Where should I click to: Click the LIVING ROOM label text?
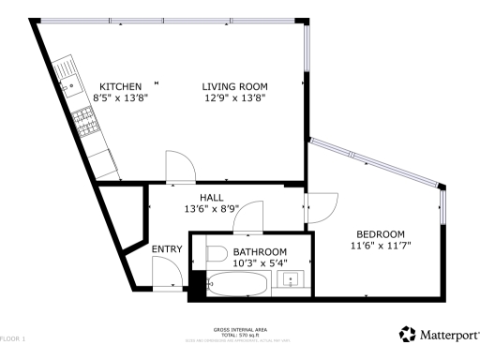click(233, 86)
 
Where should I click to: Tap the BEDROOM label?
click(380, 233)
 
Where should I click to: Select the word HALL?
click(211, 197)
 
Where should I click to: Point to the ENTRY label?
click(167, 248)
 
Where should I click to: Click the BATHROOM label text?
click(260, 252)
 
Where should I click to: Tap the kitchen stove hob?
click(85, 120)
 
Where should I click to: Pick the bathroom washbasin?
click(292, 279)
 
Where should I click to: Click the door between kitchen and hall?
click(179, 167)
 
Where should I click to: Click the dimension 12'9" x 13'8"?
click(233, 98)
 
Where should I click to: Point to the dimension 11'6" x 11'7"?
click(380, 245)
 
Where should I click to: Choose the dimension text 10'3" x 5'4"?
click(260, 263)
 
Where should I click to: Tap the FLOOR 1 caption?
click(13, 337)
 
